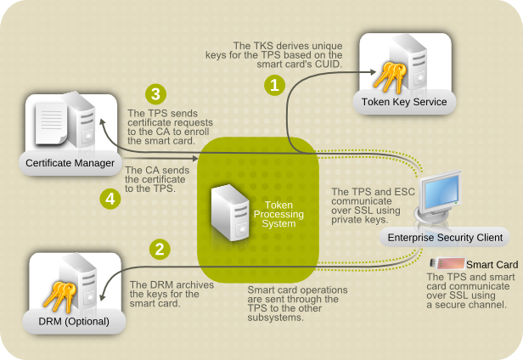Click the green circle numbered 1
(274, 84)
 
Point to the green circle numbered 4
(108, 199)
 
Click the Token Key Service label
(404, 103)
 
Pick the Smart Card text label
(492, 264)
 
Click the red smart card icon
(447, 264)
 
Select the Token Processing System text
(278, 214)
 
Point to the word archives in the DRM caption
(172, 284)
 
